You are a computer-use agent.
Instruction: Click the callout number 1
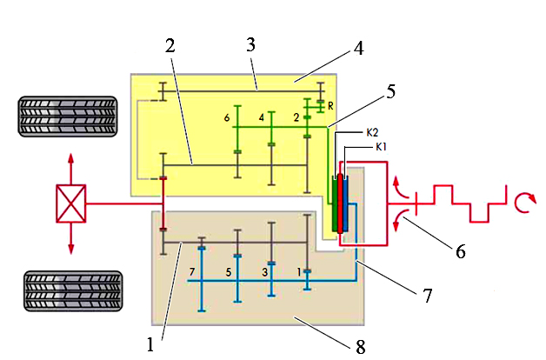[x=150, y=344]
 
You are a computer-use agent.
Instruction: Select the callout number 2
[x=170, y=45]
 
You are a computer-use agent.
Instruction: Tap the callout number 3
[x=250, y=44]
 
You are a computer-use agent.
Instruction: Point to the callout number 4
[x=359, y=49]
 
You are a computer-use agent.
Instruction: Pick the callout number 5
[x=391, y=91]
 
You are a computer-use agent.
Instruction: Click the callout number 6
[x=461, y=251]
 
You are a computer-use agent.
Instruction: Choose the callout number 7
[x=428, y=296]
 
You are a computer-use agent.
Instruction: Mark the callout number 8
[x=361, y=347]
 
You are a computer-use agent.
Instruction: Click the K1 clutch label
[x=381, y=147]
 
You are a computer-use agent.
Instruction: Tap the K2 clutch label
[x=372, y=133]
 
